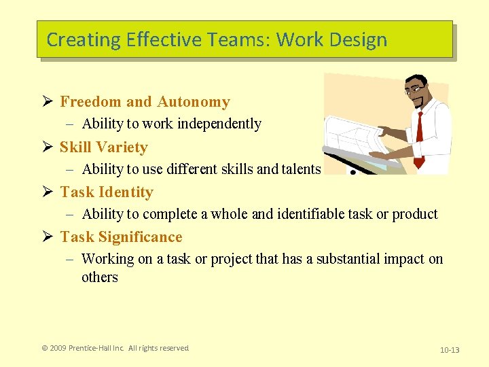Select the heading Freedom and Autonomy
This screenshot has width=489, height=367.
pyautogui.click(x=145, y=102)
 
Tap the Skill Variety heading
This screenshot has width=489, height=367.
pyautogui.click(x=103, y=147)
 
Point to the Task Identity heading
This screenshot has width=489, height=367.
pyautogui.click(x=107, y=192)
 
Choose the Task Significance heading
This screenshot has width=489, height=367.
pyautogui.click(x=121, y=237)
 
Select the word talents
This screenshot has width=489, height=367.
pyautogui.click(x=298, y=169)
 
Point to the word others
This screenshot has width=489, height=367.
pyautogui.click(x=100, y=277)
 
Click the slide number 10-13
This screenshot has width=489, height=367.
pyautogui.click(x=450, y=350)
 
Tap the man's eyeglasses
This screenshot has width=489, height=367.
pyautogui.click(x=415, y=89)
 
